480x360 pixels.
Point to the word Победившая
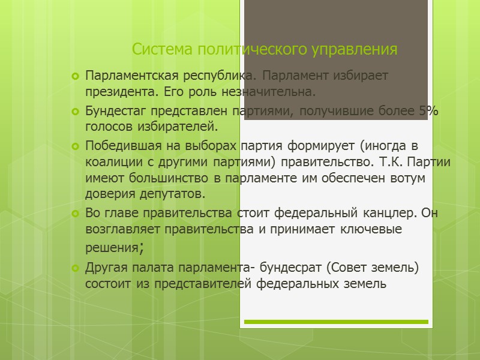(119, 146)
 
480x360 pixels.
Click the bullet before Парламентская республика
(75, 77)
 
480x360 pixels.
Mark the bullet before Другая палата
(75, 267)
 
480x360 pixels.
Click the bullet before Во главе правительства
(75, 214)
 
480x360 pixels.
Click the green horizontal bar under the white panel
(336, 322)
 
